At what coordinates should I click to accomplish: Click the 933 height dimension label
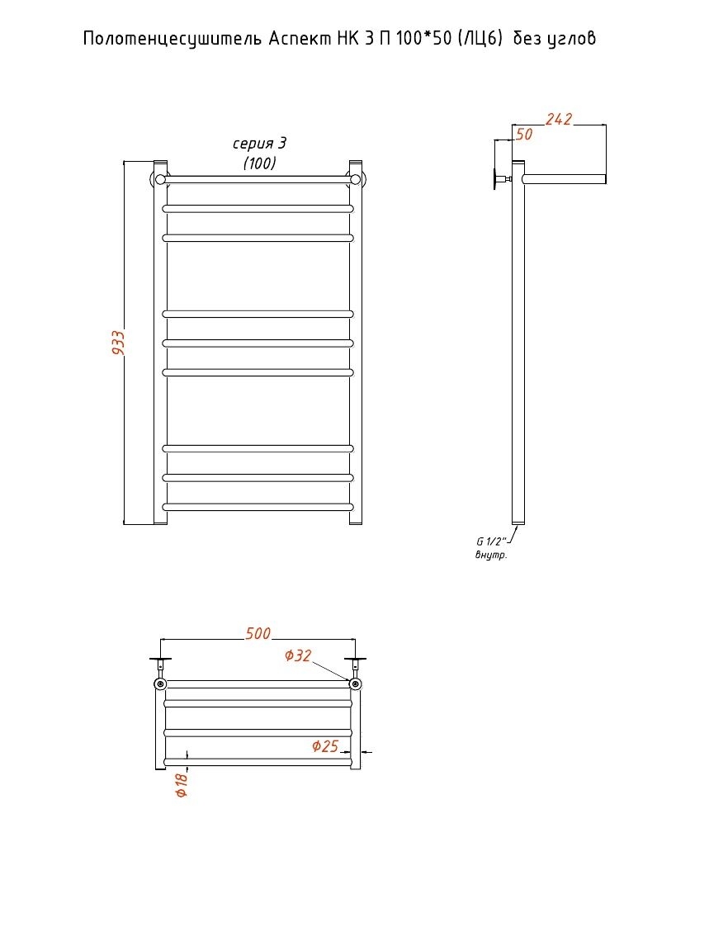118,343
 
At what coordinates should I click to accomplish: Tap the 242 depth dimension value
559,120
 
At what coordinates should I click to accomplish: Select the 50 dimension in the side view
523,135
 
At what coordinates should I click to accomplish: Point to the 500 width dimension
258,634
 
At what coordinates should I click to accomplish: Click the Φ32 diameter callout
298,655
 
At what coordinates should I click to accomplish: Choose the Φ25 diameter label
325,746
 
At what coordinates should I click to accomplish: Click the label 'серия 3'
259,144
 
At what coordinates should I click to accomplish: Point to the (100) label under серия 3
259,163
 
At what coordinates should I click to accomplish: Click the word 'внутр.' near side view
491,556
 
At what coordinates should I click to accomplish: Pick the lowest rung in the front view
258,507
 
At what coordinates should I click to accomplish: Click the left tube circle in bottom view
160,684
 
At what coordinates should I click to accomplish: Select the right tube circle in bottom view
355,684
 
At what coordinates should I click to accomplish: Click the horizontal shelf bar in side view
564,178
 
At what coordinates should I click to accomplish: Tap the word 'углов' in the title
571,39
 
